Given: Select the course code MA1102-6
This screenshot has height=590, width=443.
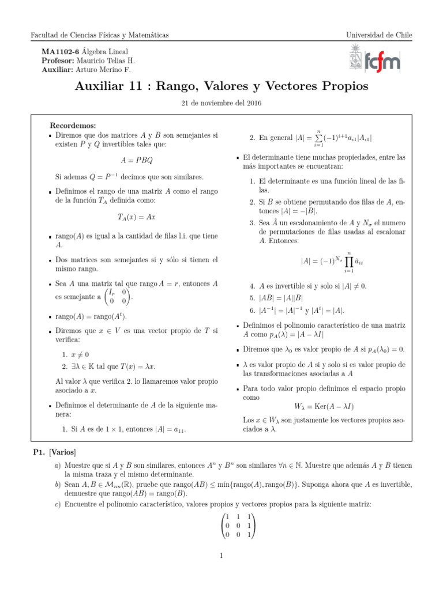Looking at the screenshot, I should tap(61, 51).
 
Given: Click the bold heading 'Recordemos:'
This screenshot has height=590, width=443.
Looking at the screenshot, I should tap(73, 125).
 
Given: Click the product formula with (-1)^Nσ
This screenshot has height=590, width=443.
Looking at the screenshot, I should tap(332, 261).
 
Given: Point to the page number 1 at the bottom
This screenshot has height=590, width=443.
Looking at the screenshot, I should tap(221, 555).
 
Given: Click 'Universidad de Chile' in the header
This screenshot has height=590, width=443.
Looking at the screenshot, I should tap(379, 35).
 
